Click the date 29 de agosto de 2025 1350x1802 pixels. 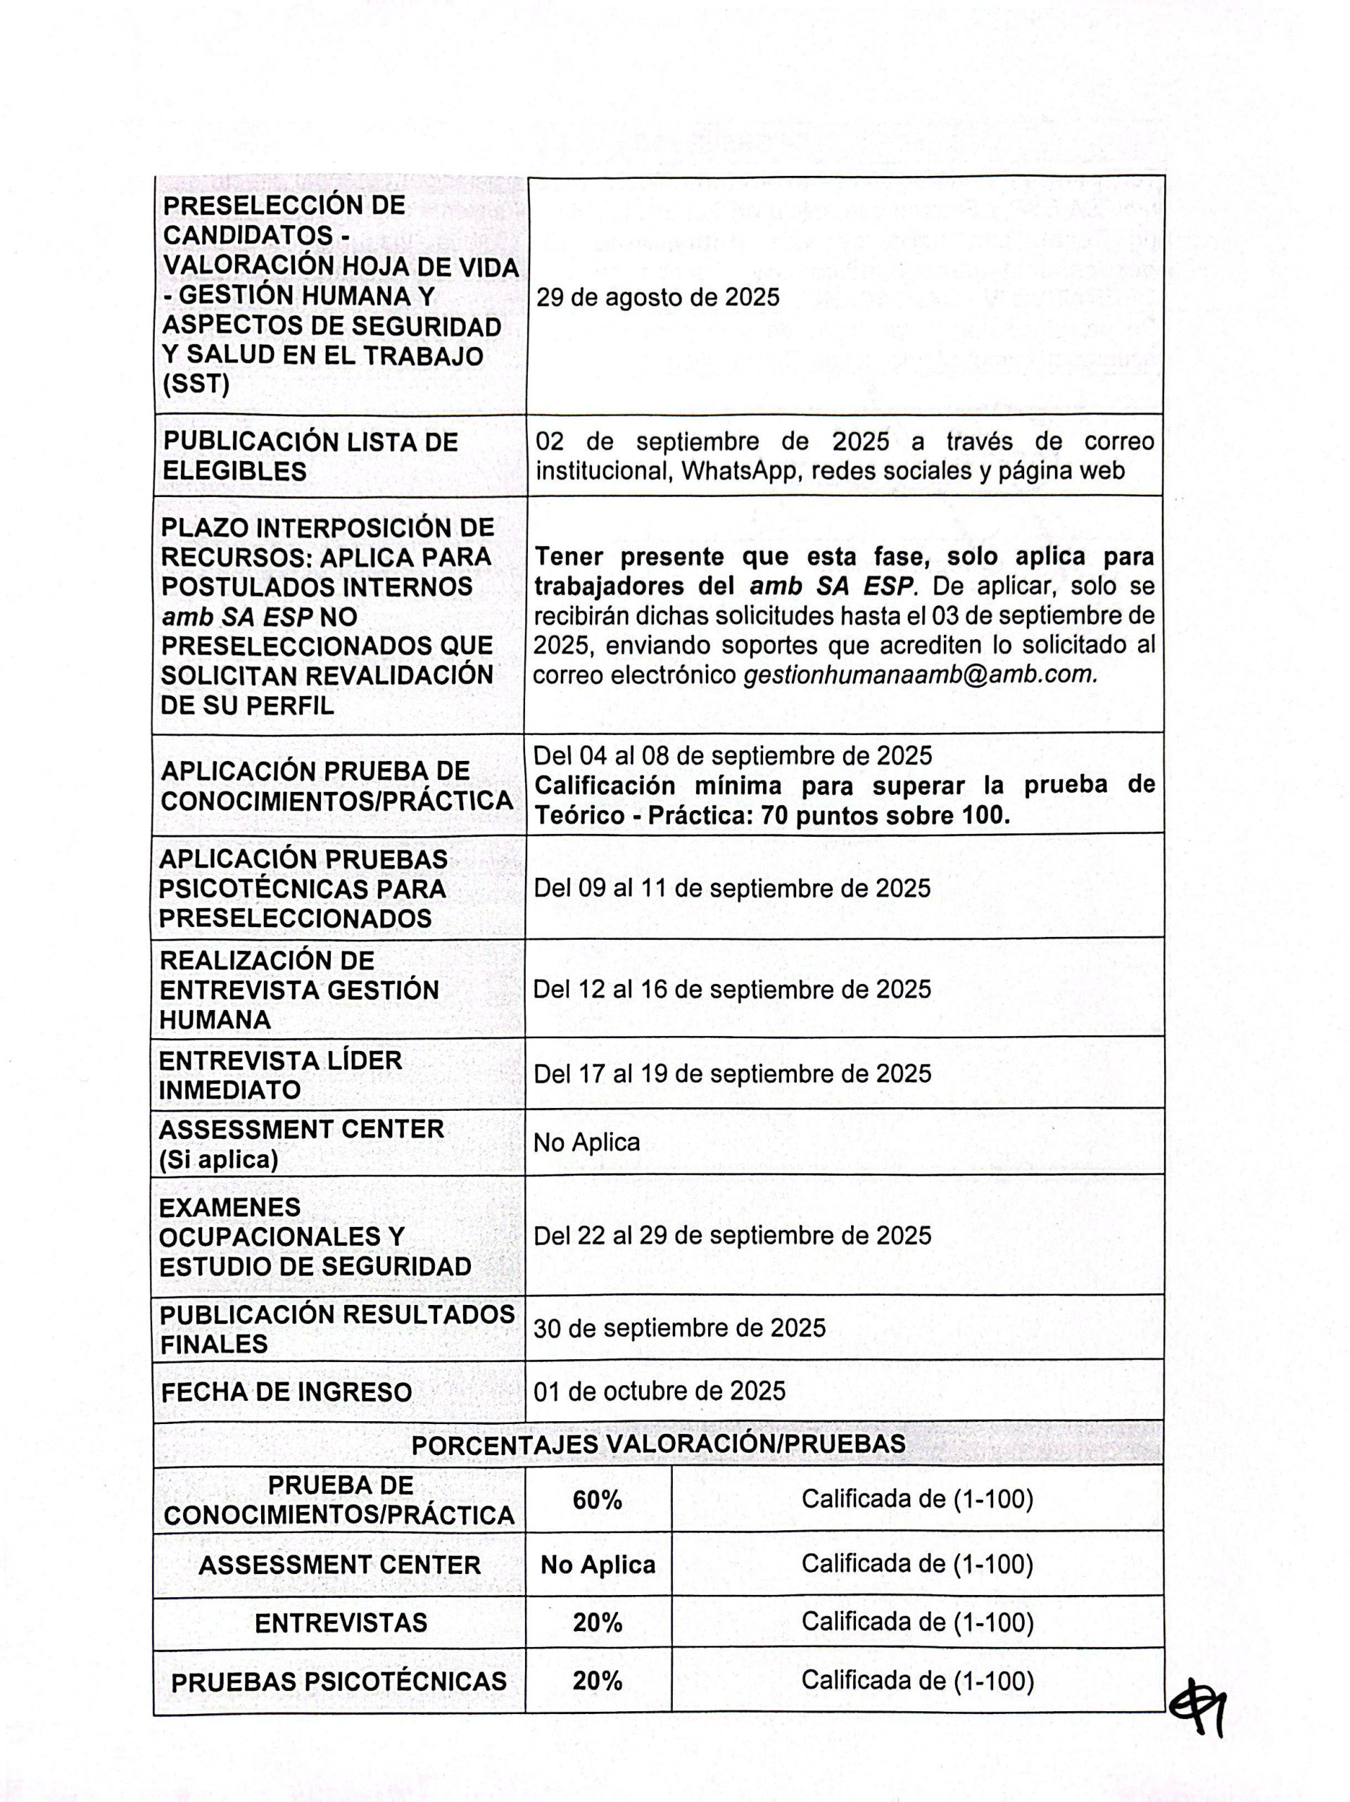click(x=657, y=297)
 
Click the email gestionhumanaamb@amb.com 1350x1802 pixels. click(x=920, y=675)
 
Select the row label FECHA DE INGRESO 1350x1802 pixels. click(x=286, y=1392)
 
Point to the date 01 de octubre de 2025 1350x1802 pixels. click(x=659, y=1391)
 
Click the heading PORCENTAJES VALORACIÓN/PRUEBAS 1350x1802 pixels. click(x=658, y=1444)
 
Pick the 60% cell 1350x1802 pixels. click(x=597, y=1500)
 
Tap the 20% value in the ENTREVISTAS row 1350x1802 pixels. click(x=597, y=1623)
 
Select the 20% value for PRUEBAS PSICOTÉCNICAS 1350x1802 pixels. click(x=597, y=1681)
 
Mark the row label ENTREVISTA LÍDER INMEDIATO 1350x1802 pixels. click(x=280, y=1076)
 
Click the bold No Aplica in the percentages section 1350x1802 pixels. click(x=597, y=1565)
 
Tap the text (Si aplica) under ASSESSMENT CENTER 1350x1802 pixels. click(x=218, y=1159)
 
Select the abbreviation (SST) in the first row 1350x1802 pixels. click(x=196, y=384)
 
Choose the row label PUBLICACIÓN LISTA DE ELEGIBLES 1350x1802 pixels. click(x=310, y=456)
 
